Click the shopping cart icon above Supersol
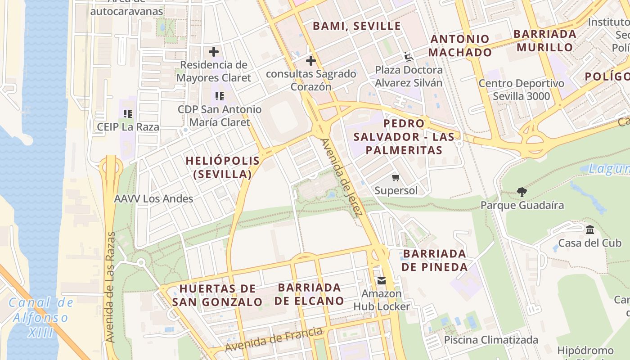[x=396, y=178]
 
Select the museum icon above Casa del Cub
[x=590, y=230]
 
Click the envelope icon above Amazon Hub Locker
[x=382, y=281]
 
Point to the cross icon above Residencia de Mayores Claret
[x=214, y=52]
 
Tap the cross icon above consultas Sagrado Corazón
[x=311, y=61]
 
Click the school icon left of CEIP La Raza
[x=128, y=114]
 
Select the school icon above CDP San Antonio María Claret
[x=220, y=96]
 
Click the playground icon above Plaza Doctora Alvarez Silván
[x=409, y=57]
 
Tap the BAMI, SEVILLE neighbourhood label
[x=357, y=26]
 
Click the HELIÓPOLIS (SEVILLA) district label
[x=223, y=167]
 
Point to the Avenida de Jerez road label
[x=341, y=177]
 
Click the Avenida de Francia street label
[x=274, y=340]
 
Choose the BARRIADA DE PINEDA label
[x=435, y=260]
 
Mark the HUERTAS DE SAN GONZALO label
[x=217, y=295]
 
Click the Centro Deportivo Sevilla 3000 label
[x=521, y=90]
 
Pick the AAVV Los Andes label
[x=153, y=198]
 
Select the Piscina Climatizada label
[x=491, y=340]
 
